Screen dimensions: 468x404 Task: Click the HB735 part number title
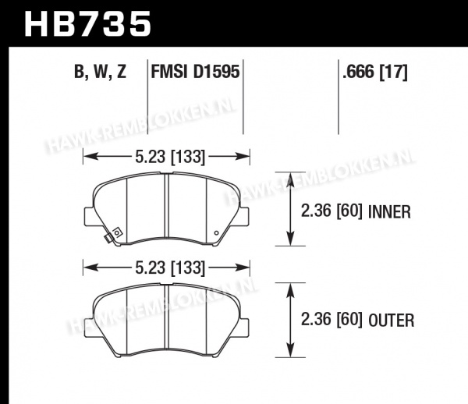pyautogui.click(x=87, y=24)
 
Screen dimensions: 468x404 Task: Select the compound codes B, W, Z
pyautogui.click(x=101, y=72)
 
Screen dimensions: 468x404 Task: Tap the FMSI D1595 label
pyautogui.click(x=195, y=72)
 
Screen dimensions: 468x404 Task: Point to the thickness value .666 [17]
pyautogui.click(x=375, y=72)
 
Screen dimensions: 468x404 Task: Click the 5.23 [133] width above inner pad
pyautogui.click(x=170, y=157)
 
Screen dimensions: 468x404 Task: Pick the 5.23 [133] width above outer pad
pyautogui.click(x=170, y=268)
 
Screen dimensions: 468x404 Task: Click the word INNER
pyautogui.click(x=390, y=212)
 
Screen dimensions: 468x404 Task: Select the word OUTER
pyautogui.click(x=392, y=321)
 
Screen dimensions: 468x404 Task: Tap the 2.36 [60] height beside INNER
pyautogui.click(x=331, y=211)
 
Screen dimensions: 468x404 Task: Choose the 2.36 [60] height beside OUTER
pyautogui.click(x=331, y=320)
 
